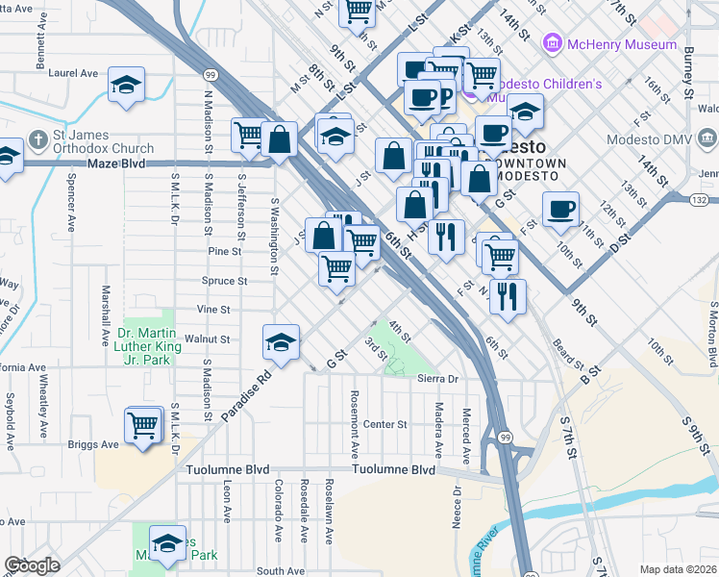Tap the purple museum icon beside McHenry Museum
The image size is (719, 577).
point(553,44)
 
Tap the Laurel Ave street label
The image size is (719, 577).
point(74,72)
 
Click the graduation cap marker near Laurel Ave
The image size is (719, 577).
point(126,87)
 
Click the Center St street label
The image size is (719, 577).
point(385,424)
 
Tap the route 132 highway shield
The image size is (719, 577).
point(701,198)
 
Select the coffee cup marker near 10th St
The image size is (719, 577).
point(560,210)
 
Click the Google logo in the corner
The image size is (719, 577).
point(32,564)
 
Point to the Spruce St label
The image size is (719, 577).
point(226,282)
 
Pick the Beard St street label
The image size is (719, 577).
point(568,353)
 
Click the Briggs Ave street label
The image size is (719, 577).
point(92,445)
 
